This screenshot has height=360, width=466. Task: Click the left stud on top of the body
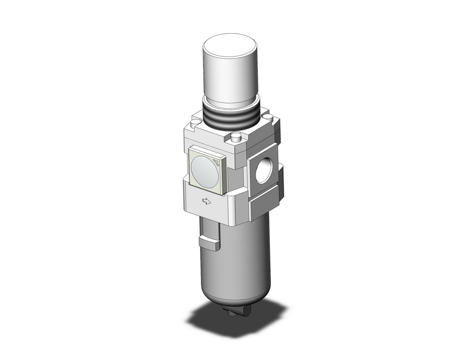pyautogui.click(x=195, y=122)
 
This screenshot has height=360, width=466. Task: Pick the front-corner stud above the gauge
pyautogui.click(x=237, y=138)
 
